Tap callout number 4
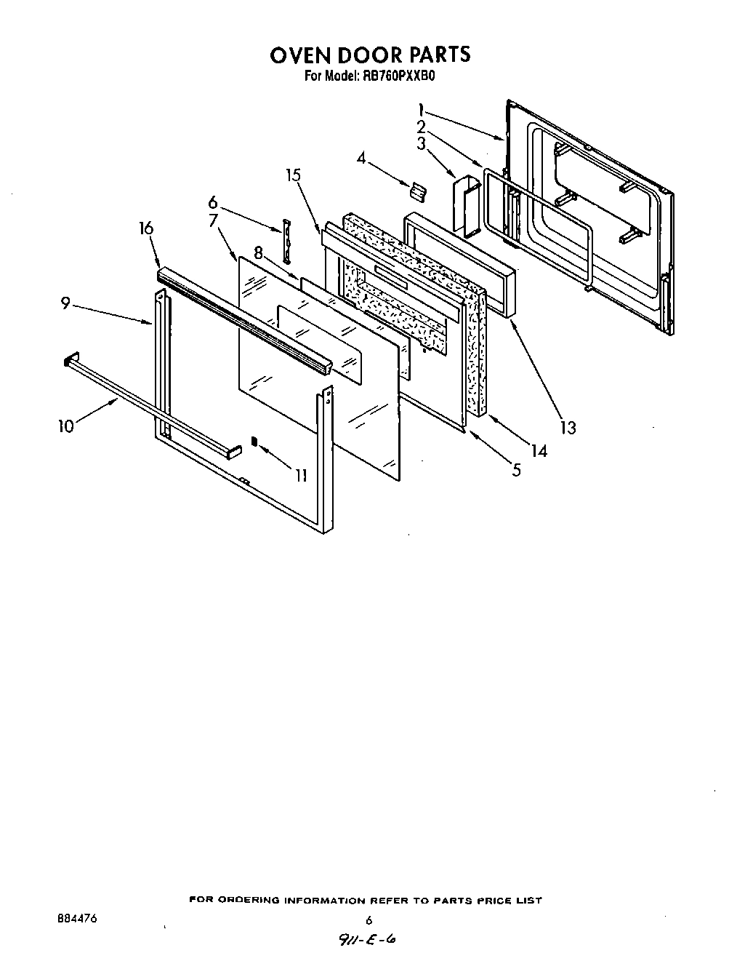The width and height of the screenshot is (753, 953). pyautogui.click(x=361, y=157)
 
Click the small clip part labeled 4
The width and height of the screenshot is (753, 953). pyautogui.click(x=416, y=191)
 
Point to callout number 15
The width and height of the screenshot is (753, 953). pyautogui.click(x=293, y=175)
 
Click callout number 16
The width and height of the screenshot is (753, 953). pyautogui.click(x=146, y=228)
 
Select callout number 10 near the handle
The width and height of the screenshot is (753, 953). pyautogui.click(x=66, y=426)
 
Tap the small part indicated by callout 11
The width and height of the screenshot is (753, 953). pyautogui.click(x=254, y=441)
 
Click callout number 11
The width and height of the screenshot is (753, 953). pyautogui.click(x=300, y=476)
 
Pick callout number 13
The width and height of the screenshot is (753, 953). pyautogui.click(x=567, y=428)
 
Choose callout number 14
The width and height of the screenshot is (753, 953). pyautogui.click(x=538, y=451)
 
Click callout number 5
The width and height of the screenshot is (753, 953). pyautogui.click(x=516, y=470)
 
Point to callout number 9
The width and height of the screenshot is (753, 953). pyautogui.click(x=65, y=303)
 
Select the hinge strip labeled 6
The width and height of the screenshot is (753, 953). pyautogui.click(x=286, y=240)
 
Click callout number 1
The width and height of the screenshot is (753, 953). pyautogui.click(x=421, y=111)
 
